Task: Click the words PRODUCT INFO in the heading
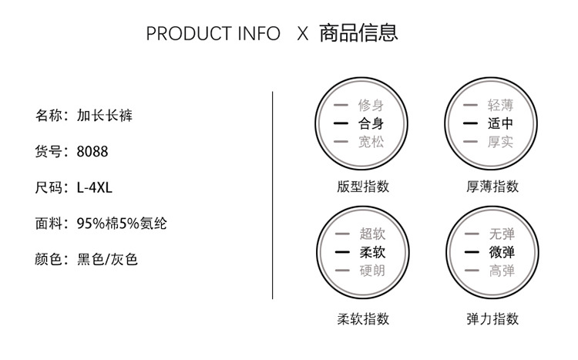[x=213, y=34]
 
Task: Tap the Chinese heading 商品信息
[x=358, y=33]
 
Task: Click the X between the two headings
[x=302, y=34]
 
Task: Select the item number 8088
[x=92, y=152]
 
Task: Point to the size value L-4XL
[x=95, y=187]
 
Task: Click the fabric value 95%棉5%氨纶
[x=122, y=224]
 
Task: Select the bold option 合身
[x=371, y=123]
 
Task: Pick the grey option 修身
[x=371, y=105]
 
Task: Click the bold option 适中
[x=500, y=123]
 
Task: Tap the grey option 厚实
[x=500, y=142]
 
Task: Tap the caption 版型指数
[x=363, y=186]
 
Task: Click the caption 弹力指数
[x=492, y=318]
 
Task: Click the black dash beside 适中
[x=470, y=123]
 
